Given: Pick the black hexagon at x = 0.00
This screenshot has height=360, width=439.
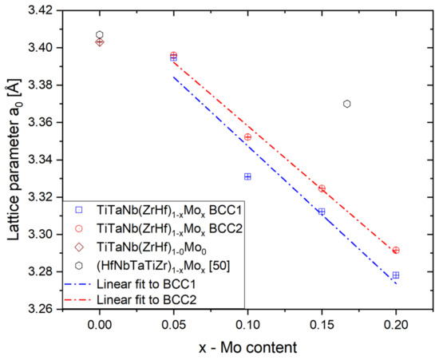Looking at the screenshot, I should (x=99, y=35).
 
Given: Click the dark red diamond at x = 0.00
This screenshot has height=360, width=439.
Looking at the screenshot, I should (x=99, y=42).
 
